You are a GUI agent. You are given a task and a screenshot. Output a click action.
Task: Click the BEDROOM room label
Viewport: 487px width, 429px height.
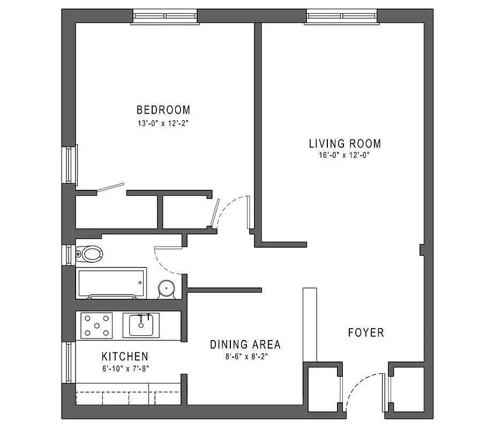click(163, 110)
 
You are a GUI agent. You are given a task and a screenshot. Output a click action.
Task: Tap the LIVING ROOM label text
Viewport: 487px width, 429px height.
click(344, 144)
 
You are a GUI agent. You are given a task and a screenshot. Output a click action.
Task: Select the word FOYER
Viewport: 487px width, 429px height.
click(366, 332)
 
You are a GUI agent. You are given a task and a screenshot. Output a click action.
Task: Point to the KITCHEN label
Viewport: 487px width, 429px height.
click(125, 357)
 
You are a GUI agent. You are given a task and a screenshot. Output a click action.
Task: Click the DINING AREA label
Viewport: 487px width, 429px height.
click(245, 345)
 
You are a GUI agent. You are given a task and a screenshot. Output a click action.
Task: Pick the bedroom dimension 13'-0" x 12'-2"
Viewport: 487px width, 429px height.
click(163, 123)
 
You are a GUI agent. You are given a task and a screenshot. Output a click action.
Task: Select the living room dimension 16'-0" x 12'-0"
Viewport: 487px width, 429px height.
click(344, 156)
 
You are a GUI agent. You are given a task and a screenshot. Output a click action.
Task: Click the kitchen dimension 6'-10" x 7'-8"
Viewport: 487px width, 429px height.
click(125, 368)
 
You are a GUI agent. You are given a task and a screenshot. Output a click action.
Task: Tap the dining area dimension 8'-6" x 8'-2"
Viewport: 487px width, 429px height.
click(245, 356)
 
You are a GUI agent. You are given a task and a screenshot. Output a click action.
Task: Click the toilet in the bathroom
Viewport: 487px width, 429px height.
click(89, 254)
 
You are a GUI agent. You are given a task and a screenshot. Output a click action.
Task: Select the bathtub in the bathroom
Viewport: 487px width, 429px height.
click(111, 284)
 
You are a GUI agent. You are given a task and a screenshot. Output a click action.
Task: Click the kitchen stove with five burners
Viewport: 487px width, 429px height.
click(96, 326)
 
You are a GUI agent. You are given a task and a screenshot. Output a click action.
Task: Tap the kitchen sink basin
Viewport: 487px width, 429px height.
click(141, 325)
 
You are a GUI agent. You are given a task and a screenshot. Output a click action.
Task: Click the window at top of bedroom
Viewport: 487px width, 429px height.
click(165, 17)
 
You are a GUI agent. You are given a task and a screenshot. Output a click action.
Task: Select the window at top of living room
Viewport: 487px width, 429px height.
click(342, 17)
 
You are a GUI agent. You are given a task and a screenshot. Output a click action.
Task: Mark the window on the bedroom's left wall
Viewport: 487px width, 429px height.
click(70, 164)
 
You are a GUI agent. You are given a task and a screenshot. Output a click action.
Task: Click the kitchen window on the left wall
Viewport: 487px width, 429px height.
click(69, 362)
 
